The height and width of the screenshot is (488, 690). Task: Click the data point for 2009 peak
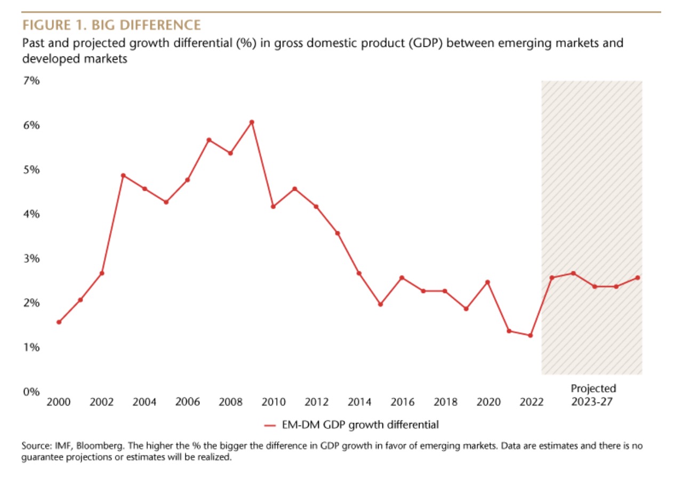point(252,122)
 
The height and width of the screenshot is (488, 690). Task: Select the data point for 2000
point(59,322)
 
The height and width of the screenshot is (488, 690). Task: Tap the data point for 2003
point(123,175)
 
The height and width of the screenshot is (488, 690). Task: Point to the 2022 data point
point(530,335)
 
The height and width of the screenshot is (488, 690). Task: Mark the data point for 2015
point(380,304)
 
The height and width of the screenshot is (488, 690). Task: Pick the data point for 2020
point(487,282)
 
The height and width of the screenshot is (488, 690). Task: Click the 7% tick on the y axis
point(31,81)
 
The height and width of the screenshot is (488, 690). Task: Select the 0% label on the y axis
point(31,392)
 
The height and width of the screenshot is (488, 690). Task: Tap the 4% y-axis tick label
point(31,214)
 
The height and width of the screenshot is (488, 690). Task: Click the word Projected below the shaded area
point(593,388)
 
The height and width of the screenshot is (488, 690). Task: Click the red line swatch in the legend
point(270,425)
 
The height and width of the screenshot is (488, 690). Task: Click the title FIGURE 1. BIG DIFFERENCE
point(111,25)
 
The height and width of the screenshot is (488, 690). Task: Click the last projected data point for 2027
point(637,278)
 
